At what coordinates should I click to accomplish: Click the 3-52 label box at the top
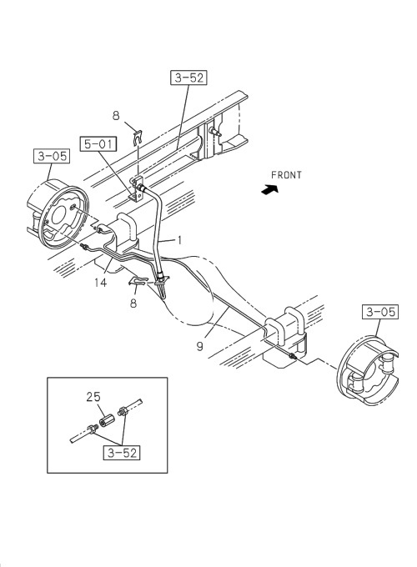[188, 79]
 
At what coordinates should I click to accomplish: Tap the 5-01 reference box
[97, 145]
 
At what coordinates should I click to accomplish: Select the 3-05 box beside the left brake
[52, 155]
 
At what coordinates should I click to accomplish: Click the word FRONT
[286, 175]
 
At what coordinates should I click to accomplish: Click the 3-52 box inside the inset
[122, 454]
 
